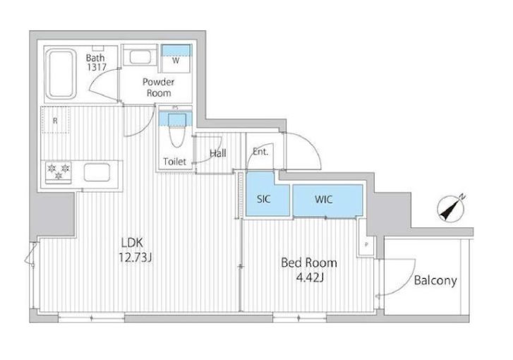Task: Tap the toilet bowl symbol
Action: (x=177, y=131)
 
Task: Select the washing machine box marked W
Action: (x=176, y=59)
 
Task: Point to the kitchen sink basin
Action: (x=97, y=172)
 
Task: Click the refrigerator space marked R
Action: (x=55, y=120)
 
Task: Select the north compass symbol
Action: (x=452, y=208)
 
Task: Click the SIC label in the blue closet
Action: (x=263, y=199)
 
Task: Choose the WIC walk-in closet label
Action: (x=324, y=199)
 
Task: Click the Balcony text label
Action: (x=435, y=280)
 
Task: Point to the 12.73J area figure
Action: (x=135, y=258)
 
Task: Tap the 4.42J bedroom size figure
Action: (x=310, y=278)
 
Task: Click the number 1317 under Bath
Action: (x=97, y=67)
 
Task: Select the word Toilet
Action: (x=175, y=162)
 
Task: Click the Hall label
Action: (x=217, y=153)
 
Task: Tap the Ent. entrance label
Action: (x=260, y=152)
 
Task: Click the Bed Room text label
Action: (x=309, y=263)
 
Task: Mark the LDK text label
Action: (x=132, y=243)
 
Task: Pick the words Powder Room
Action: (x=159, y=87)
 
